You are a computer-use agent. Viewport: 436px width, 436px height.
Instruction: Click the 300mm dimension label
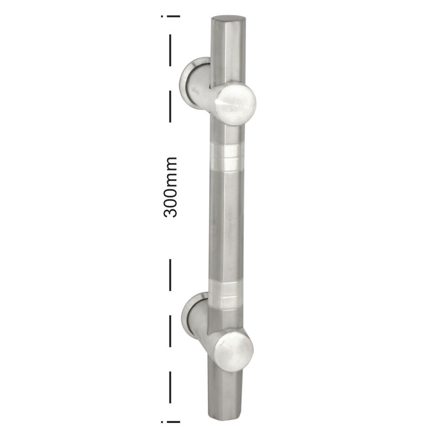tap(171, 187)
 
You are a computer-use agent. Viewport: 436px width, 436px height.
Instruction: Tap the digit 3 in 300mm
tap(171, 211)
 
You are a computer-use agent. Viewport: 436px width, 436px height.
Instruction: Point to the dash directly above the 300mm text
tap(171, 106)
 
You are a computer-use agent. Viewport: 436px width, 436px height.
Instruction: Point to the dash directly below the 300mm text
tap(171, 275)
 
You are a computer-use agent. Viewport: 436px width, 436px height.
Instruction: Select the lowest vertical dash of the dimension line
tap(171, 387)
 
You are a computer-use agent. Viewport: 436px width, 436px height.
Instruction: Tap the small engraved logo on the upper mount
tap(197, 89)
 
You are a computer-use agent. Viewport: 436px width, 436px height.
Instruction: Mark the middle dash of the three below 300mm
tap(171, 331)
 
